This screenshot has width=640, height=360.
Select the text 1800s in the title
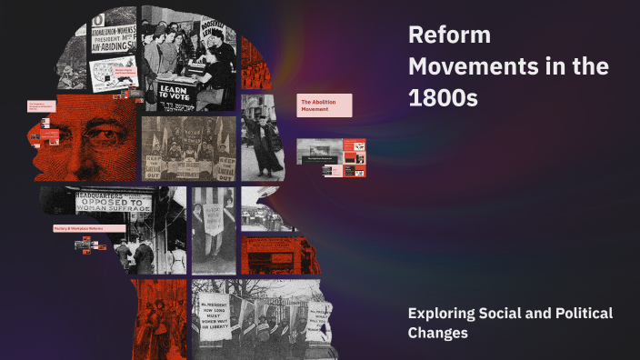click(x=443, y=98)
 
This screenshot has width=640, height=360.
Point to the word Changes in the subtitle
click(x=438, y=334)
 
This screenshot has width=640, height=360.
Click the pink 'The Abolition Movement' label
click(x=324, y=105)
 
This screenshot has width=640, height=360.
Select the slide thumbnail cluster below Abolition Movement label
click(x=333, y=156)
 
